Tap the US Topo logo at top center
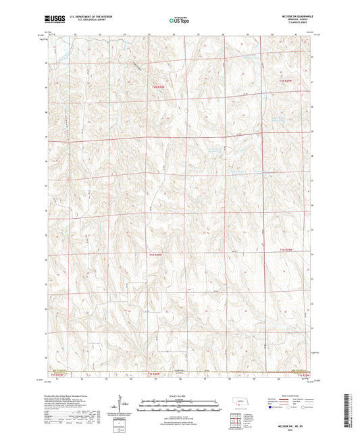(179, 21)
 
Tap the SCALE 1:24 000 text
(180, 395)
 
